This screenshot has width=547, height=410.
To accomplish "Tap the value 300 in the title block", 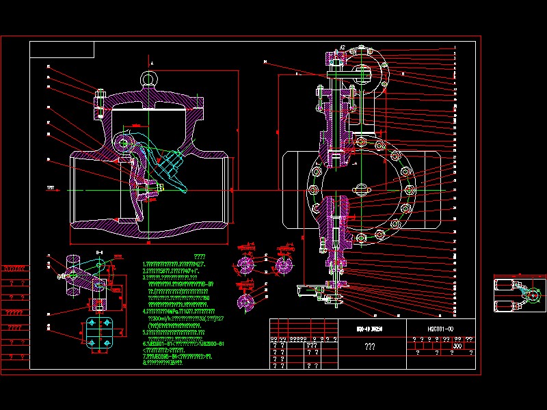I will coord(457,346).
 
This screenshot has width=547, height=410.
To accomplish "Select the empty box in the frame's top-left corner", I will coord(62,49).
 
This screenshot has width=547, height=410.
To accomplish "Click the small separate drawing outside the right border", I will coord(519,296).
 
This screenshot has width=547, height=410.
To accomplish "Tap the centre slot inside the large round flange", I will coord(360,189).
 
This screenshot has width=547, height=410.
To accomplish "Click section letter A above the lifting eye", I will coord(152,63).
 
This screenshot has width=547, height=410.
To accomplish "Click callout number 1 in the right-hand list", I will coord(454,47).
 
